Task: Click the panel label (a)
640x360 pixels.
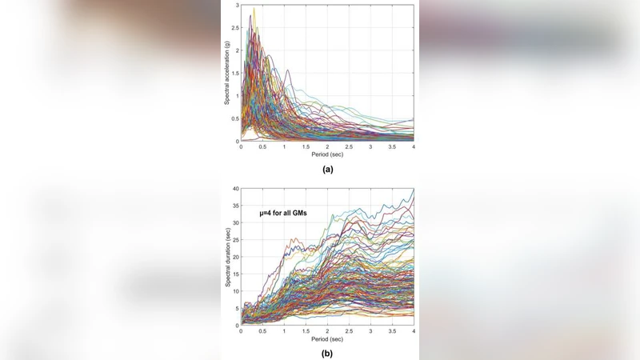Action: [x=327, y=169]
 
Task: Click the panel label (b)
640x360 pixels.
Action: [x=327, y=353]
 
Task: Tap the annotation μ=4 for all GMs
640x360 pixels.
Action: [x=283, y=212]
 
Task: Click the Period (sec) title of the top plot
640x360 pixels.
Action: [x=327, y=154]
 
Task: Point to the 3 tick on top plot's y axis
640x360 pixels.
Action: [x=236, y=6]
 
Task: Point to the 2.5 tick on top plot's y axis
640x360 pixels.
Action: [x=234, y=28]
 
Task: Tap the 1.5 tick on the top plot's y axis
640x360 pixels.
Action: [x=234, y=74]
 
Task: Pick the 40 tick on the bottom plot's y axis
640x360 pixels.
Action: [x=234, y=189]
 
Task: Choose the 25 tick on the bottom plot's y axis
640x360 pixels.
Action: [x=234, y=240]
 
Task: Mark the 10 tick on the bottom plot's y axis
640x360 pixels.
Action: [x=234, y=291]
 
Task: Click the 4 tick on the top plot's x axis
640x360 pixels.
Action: [x=414, y=147]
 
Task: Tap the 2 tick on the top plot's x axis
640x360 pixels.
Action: [x=327, y=147]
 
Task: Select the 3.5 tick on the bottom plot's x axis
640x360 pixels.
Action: [x=392, y=331]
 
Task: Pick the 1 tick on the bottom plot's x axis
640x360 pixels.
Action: [x=284, y=331]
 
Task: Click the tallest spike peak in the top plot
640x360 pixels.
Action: [x=254, y=9]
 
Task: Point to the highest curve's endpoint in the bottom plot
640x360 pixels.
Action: [x=414, y=190]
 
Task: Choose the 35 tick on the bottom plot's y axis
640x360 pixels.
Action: [x=234, y=206]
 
